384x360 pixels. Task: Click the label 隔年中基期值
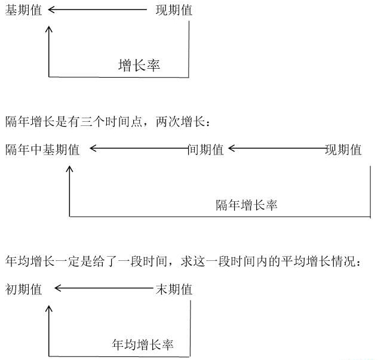(42, 149)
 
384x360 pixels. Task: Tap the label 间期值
(205, 149)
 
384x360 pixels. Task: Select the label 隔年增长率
(247, 205)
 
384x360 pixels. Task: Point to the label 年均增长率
(143, 344)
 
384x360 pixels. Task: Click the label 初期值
(23, 289)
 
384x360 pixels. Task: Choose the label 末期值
(174, 289)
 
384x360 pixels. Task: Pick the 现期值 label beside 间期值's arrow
(343, 149)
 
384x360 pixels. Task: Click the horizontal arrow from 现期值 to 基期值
(97, 10)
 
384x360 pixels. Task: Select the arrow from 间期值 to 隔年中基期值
(139, 148)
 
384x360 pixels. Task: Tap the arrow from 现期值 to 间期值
(277, 148)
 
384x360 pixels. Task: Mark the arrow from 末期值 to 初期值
(103, 288)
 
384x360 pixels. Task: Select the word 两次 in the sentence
(168, 121)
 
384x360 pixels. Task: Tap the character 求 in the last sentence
(187, 261)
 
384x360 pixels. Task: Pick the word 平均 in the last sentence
(293, 261)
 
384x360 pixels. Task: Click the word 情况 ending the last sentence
(343, 261)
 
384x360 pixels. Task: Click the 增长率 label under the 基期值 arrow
(139, 65)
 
